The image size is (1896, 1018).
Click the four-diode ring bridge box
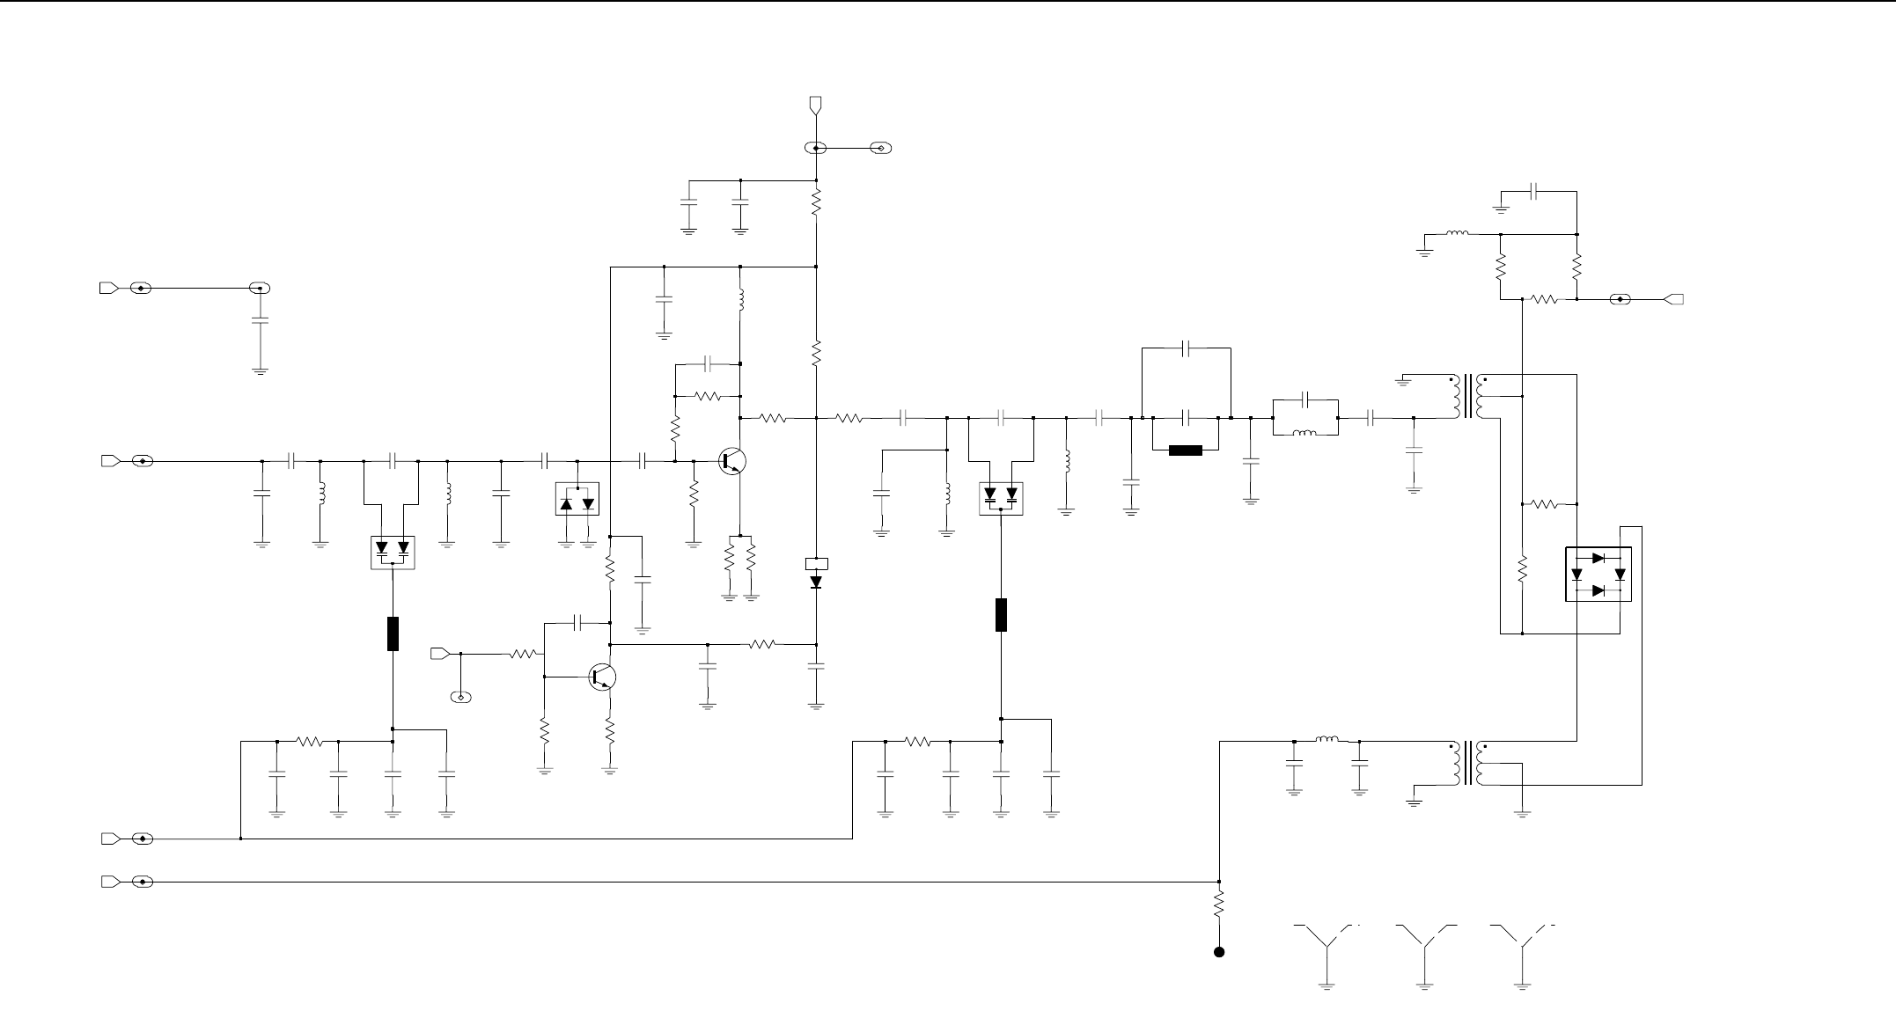(x=1598, y=575)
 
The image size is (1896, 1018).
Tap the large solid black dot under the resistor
(x=1219, y=952)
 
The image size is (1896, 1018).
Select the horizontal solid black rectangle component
(x=1185, y=451)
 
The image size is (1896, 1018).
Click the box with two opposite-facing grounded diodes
(x=577, y=499)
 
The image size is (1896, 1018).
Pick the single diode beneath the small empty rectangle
(x=816, y=582)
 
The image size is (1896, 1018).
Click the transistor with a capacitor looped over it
(x=602, y=677)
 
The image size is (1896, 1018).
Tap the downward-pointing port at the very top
(x=816, y=106)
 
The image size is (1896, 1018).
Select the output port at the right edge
(x=1675, y=299)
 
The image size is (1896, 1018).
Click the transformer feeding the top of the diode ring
(x=1468, y=398)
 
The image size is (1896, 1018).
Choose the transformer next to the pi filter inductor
(x=1468, y=764)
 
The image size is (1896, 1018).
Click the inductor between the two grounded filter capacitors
(x=1326, y=740)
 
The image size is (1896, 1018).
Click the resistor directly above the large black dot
(x=1219, y=904)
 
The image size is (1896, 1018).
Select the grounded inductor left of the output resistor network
(x=1457, y=234)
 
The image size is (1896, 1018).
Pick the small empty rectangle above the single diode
(x=816, y=563)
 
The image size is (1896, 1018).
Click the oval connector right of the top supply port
(x=880, y=149)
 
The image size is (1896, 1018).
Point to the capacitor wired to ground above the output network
(x=1534, y=190)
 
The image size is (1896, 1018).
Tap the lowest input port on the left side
(x=110, y=882)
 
